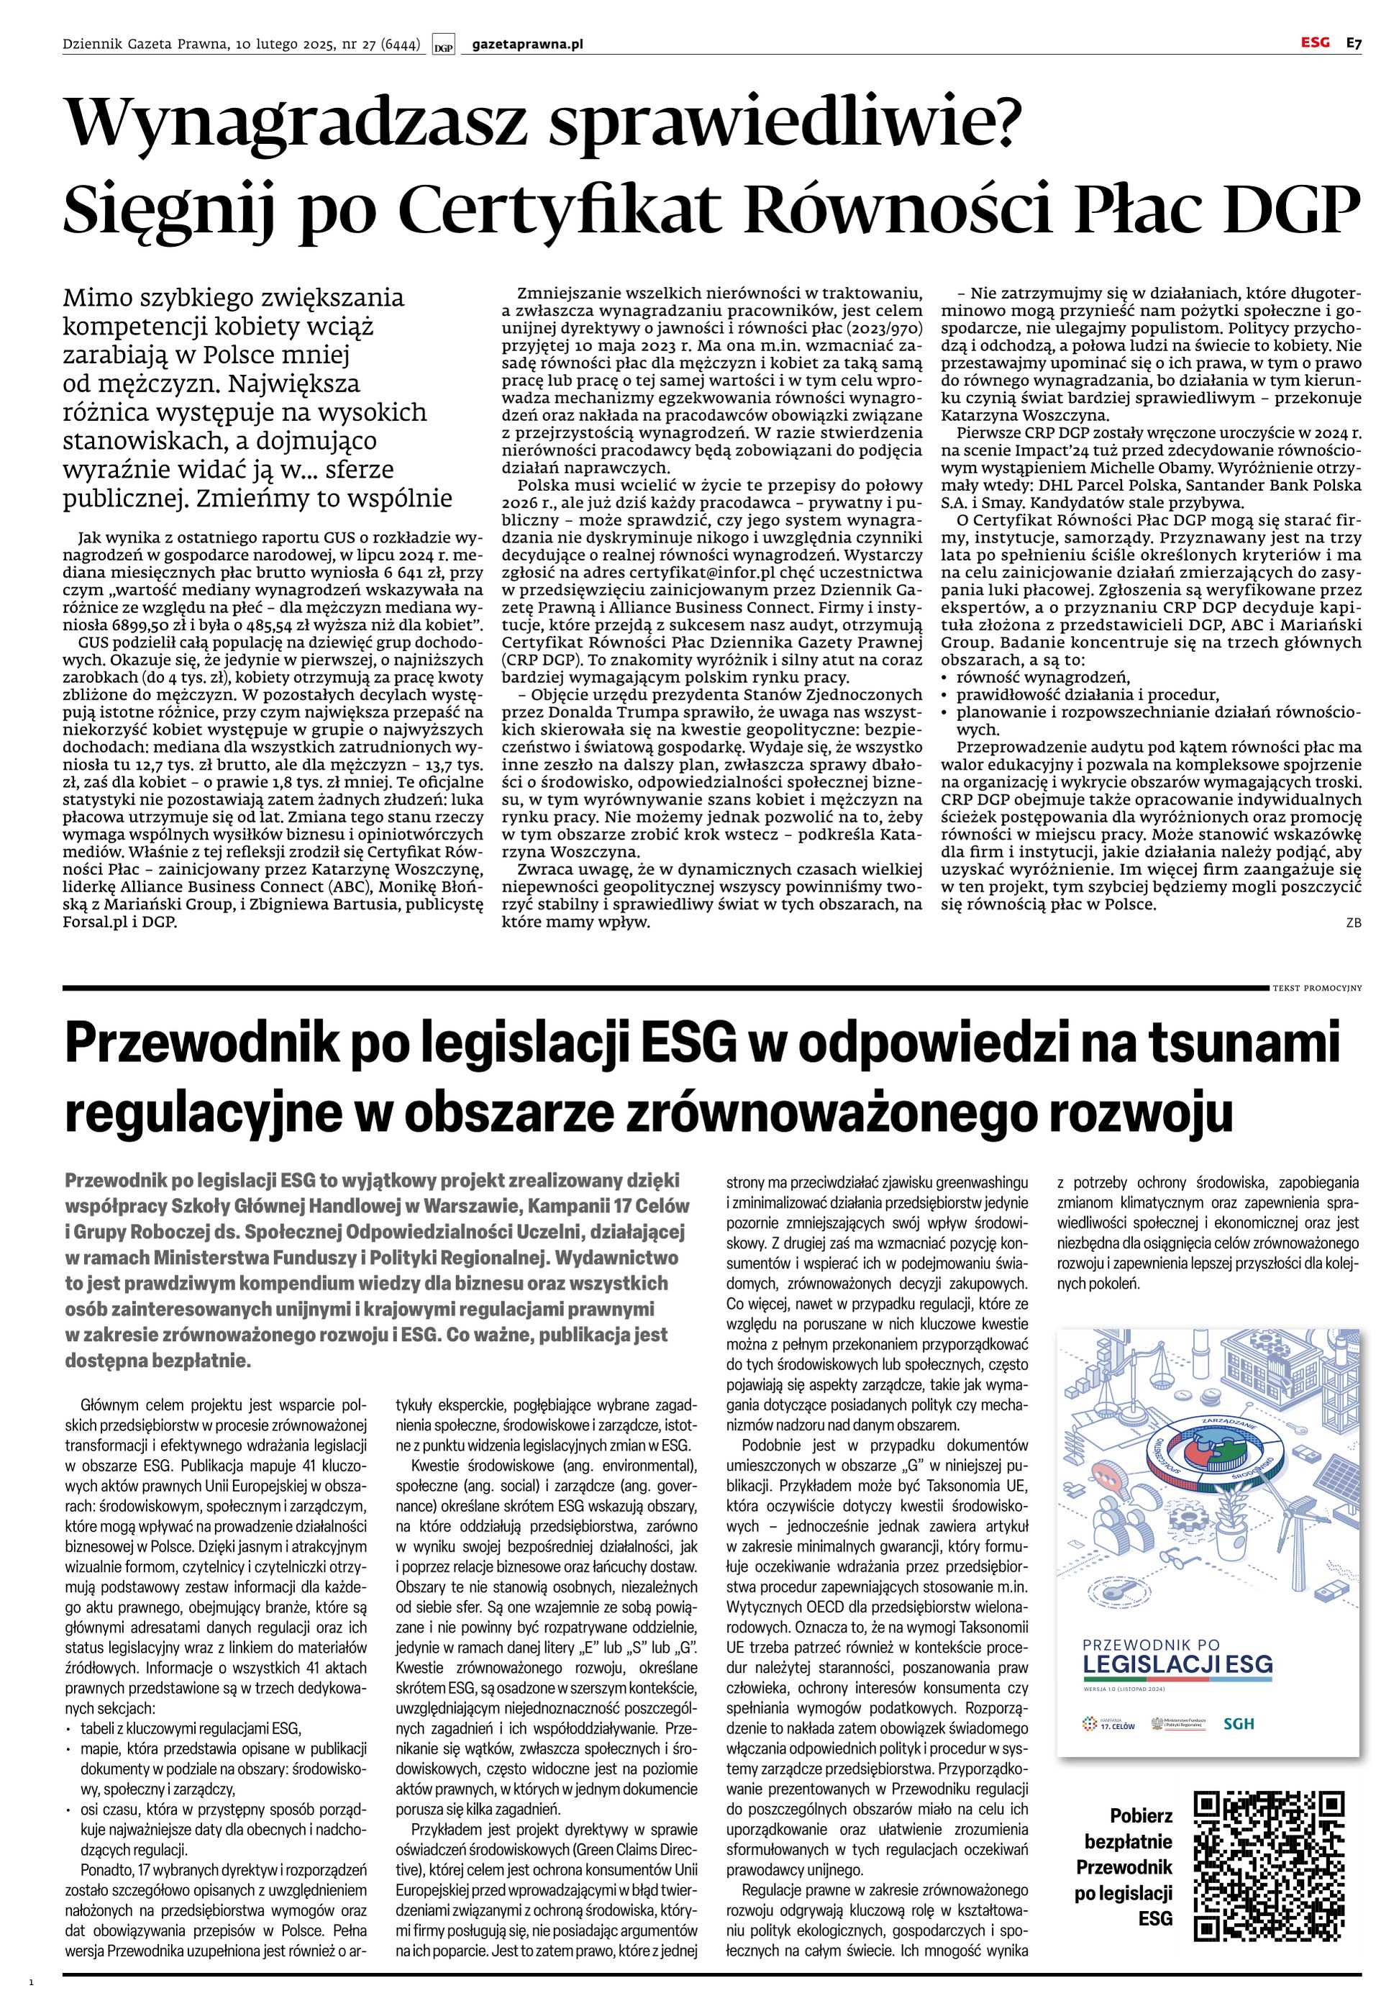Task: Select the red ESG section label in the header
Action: pos(1314,42)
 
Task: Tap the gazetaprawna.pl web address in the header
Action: pos(528,44)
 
